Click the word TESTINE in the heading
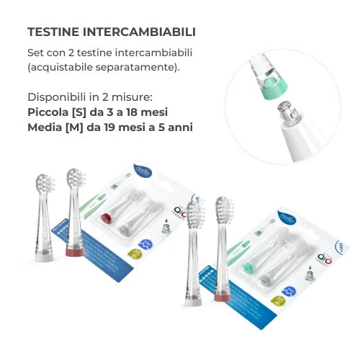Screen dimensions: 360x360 [51, 32]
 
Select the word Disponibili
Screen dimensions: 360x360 [55, 97]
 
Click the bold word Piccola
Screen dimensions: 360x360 [48, 112]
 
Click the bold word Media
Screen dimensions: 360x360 [45, 127]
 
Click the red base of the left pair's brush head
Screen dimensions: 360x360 [73, 252]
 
